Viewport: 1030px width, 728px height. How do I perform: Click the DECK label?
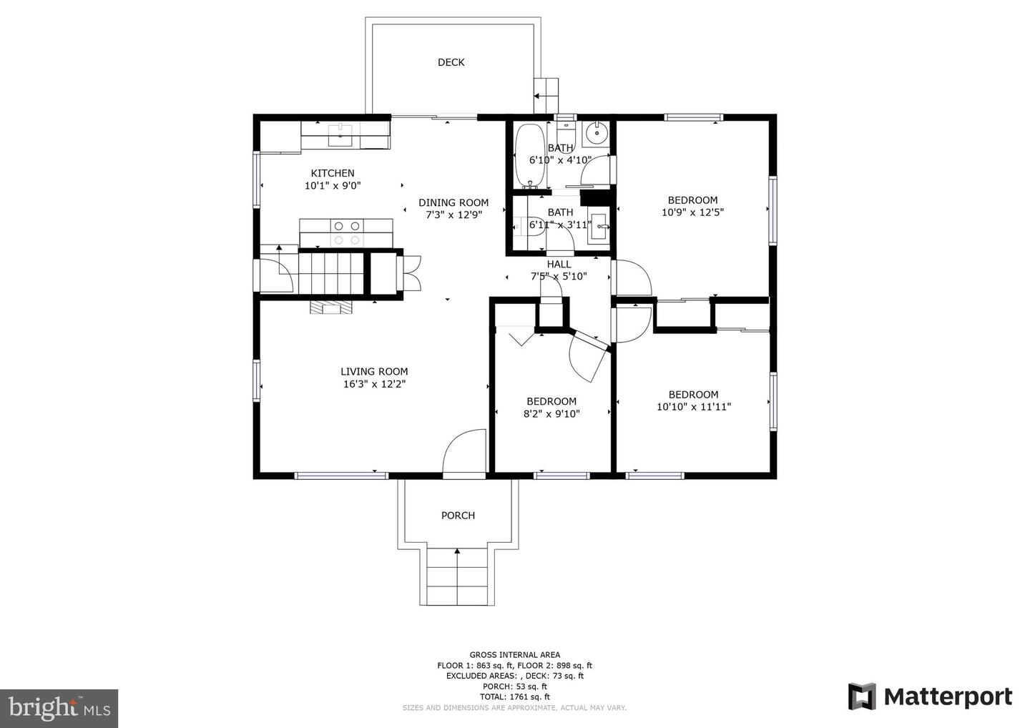coord(451,62)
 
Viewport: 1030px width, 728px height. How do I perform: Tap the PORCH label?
coord(458,516)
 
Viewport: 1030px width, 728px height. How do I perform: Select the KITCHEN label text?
coord(333,173)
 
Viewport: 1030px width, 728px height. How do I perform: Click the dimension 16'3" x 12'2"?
coord(374,384)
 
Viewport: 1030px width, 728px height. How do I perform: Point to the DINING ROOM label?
coord(453,202)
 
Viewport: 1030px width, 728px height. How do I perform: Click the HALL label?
coord(559,265)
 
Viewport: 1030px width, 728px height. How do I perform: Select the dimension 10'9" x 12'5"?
coord(692,212)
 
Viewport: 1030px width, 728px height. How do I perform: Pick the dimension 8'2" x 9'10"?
coord(551,413)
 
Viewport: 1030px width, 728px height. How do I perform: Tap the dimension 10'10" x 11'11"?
coord(693,407)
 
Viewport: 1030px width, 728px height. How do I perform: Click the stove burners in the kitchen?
coord(347,232)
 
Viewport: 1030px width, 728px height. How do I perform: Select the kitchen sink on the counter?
coord(340,135)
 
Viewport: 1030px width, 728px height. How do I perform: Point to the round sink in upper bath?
coord(597,134)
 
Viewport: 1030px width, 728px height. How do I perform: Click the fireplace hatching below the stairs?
coord(331,307)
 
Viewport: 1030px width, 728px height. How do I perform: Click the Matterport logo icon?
coord(862,697)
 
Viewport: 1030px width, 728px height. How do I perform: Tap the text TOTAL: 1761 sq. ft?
coord(514,697)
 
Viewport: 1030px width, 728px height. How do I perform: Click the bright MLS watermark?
coord(59,708)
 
